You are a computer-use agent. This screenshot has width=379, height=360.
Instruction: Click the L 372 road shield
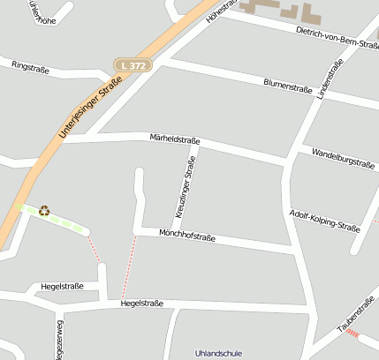coord(133,64)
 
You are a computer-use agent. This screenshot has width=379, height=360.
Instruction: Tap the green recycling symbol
coord(44,210)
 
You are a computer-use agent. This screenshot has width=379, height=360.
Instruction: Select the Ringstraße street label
coord(30,67)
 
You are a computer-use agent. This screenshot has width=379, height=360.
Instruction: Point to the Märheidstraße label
coord(175,139)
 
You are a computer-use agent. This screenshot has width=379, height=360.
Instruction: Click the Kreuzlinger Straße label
coord(184,187)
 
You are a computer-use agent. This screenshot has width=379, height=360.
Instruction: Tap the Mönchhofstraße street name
coord(188,234)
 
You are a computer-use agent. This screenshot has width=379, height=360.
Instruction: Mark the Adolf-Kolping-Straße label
coord(324,221)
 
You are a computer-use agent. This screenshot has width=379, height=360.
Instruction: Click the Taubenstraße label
coord(358,315)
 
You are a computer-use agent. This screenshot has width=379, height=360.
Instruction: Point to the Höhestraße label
coord(221,12)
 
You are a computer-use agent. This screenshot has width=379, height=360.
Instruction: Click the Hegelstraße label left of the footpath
coord(62,286)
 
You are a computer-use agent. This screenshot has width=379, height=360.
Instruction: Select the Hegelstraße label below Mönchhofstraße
coord(142,304)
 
